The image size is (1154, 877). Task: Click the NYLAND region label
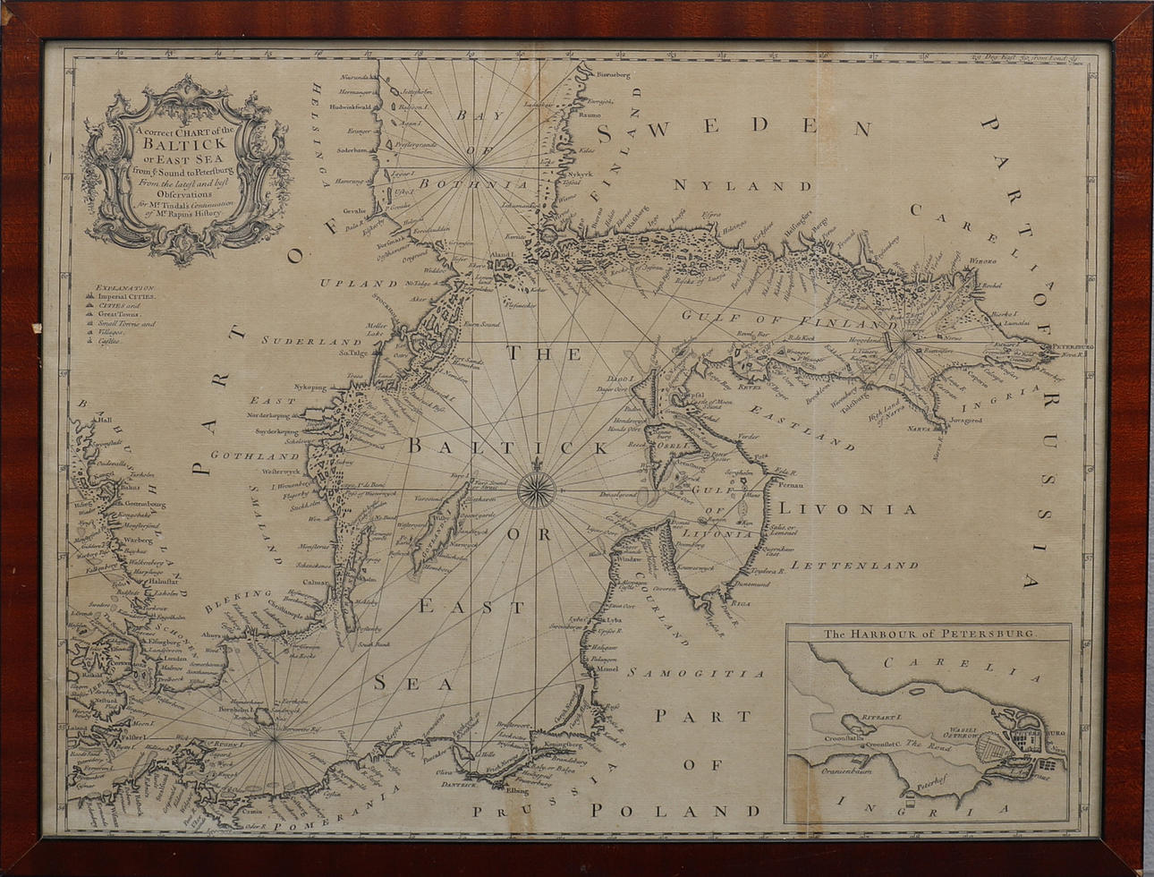click(742, 185)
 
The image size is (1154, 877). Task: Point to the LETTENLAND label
click(855, 565)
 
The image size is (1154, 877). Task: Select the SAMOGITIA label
click(696, 672)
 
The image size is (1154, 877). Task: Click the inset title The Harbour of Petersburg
click(928, 634)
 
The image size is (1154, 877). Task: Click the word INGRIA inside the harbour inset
click(930, 811)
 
